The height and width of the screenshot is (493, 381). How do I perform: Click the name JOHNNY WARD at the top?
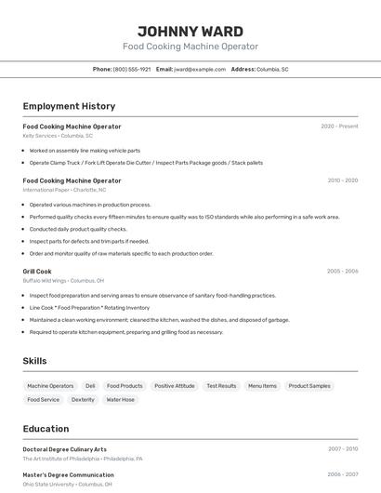pos(190,31)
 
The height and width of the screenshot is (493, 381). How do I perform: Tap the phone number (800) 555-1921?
pos(132,69)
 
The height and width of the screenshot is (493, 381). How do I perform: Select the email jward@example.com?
pos(200,69)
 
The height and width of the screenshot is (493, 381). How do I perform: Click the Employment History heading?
pos(69,106)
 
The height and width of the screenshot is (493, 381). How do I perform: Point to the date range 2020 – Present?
pos(339,127)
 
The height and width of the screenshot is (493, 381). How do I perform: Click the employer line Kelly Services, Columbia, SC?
pos(58,136)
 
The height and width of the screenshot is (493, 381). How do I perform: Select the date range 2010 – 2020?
pos(342,180)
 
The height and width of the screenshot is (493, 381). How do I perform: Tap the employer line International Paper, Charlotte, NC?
pos(64,190)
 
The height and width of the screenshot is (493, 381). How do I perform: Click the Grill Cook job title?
pos(37,272)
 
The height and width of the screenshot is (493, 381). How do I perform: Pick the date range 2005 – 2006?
pos(342,272)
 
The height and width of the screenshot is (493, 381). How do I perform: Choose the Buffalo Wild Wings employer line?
pos(63,281)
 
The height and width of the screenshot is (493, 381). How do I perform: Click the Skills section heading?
pos(35,361)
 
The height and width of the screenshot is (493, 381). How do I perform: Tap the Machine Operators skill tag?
pos(50,386)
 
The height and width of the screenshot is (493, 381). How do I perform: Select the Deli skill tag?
pos(90,386)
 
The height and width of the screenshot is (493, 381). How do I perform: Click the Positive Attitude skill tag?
pos(175,386)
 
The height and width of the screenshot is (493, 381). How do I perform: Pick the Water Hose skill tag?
pos(120,400)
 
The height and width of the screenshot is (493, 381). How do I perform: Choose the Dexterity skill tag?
pos(83,400)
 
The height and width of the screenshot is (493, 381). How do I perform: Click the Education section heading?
pos(46,429)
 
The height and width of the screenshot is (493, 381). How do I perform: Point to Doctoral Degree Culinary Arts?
pos(65,449)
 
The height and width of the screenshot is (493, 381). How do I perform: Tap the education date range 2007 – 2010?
pos(342,449)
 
